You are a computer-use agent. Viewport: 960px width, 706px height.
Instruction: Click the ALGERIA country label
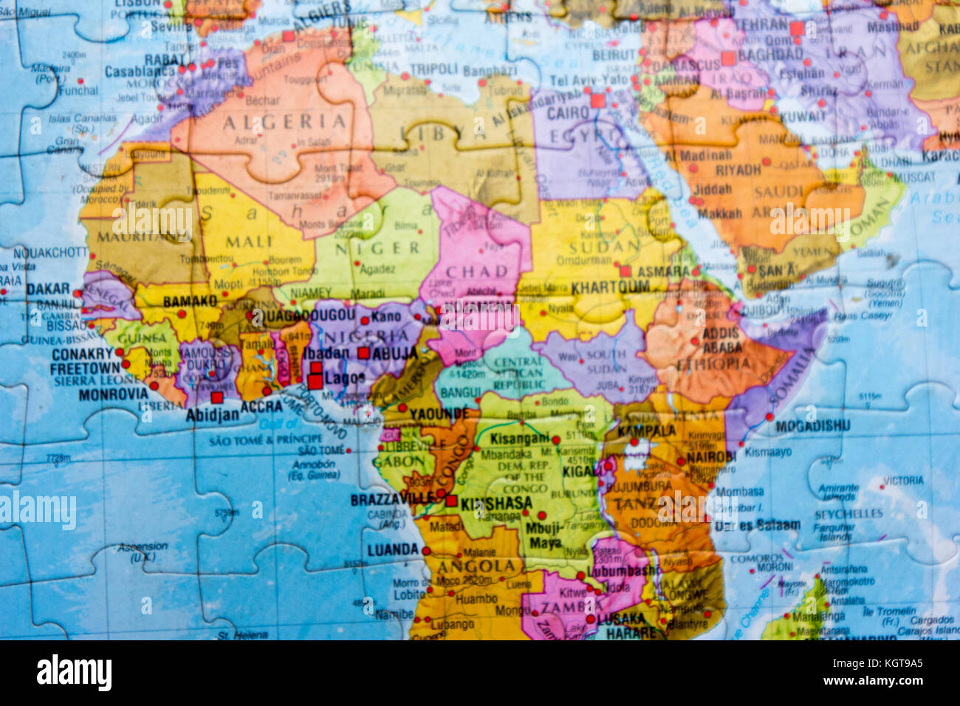point(284,122)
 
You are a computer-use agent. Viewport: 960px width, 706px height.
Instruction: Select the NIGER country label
point(367,248)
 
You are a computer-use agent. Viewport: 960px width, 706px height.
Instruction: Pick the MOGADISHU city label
point(812,426)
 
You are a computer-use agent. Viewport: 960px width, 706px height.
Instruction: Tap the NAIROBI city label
point(711,457)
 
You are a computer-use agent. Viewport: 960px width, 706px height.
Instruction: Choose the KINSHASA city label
point(496,503)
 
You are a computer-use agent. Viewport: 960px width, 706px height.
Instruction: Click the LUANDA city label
point(393,549)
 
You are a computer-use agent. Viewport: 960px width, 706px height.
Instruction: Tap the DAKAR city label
point(48,289)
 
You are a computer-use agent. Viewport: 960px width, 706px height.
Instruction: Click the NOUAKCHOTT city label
point(50,253)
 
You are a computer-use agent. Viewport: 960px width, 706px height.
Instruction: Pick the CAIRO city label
point(567,114)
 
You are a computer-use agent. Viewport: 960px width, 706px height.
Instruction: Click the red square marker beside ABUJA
point(363,353)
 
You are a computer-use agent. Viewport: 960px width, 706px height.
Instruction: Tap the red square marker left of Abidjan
point(216,397)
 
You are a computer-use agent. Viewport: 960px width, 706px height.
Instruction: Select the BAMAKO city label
point(190,301)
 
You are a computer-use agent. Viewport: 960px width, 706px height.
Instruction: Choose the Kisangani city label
point(520,439)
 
